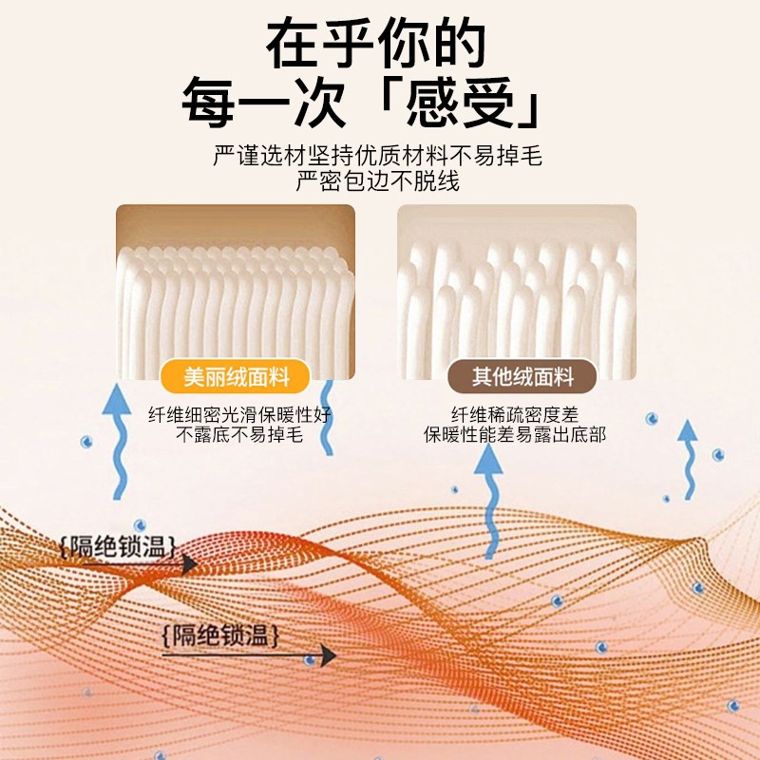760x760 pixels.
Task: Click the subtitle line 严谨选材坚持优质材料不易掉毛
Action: point(378,156)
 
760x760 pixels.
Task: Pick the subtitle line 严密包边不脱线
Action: point(378,180)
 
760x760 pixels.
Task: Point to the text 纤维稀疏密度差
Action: point(515,415)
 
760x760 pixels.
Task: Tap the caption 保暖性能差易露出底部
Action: point(515,436)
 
